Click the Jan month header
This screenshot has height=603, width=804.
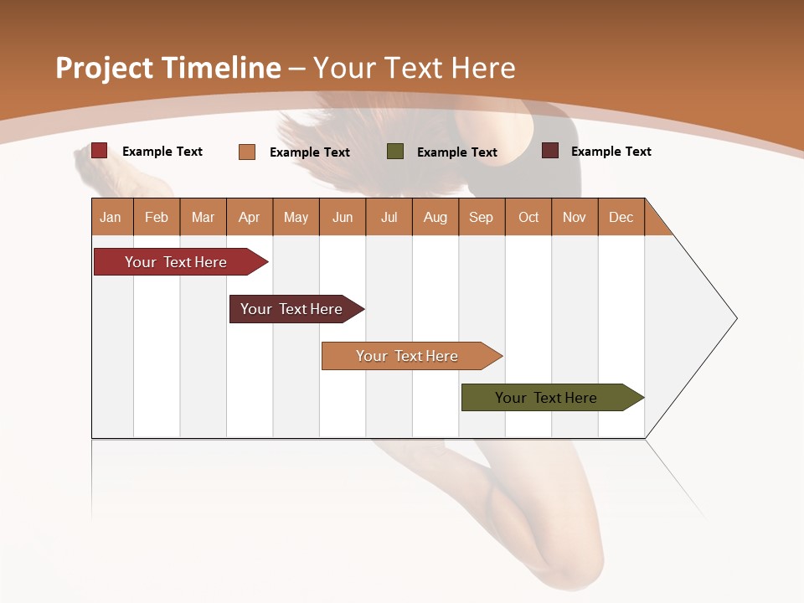(111, 217)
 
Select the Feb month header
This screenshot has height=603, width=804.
(157, 217)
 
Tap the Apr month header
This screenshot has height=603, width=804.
(250, 217)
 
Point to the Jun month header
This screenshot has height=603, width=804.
(343, 217)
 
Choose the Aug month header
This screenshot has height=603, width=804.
(435, 217)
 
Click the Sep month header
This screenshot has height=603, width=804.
(482, 217)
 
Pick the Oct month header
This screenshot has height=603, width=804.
(528, 217)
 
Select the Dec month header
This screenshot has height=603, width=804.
(621, 217)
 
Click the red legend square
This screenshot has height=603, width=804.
(100, 151)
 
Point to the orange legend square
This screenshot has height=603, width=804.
(247, 152)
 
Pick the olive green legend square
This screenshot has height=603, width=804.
(395, 152)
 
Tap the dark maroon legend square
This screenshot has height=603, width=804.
(550, 151)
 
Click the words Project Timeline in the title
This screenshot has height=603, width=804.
(168, 68)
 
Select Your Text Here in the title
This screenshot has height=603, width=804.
(414, 68)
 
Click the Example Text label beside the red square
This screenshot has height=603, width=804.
(162, 152)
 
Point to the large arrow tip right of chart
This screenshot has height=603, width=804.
(703, 318)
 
